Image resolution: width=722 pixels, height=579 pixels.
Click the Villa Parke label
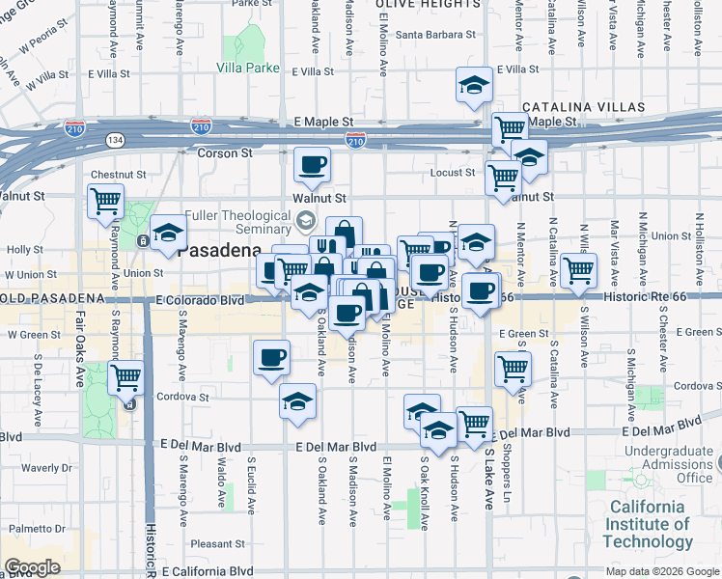point(248,68)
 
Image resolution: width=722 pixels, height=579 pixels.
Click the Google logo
point(32,567)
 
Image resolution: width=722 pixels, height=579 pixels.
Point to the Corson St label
point(225,152)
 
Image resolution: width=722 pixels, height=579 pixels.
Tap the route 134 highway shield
point(115,139)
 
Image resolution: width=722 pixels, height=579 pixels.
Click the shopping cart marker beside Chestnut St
point(106,202)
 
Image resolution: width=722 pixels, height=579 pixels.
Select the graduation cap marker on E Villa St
point(474,85)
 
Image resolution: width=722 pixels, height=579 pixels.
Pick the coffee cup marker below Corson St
point(311,165)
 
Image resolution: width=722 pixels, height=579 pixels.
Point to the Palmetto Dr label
point(32,529)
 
